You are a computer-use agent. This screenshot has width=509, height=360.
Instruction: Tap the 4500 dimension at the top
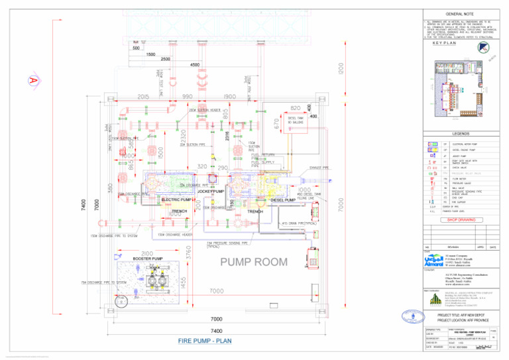pos(195,66)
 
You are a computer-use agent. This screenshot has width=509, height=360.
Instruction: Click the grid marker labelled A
pos(31,80)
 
